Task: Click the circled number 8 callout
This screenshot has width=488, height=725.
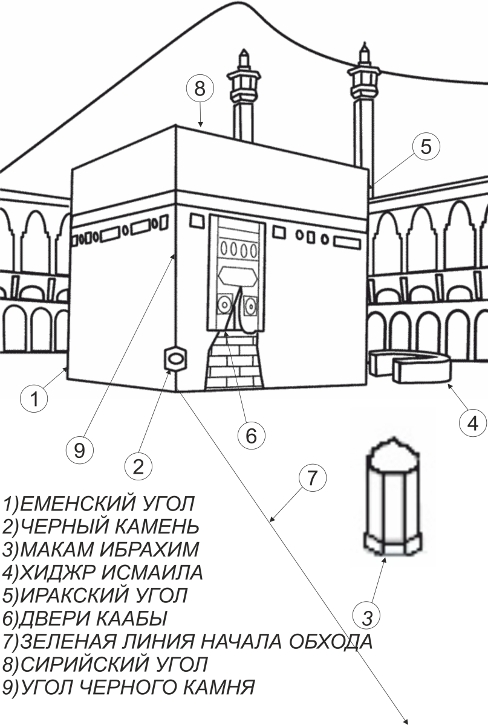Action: (x=200, y=88)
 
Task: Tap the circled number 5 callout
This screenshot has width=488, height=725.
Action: (x=426, y=146)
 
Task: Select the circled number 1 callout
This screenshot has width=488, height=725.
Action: (x=34, y=398)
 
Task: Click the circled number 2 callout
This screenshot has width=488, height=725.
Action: (x=138, y=466)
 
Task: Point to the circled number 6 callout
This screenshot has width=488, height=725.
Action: (x=252, y=436)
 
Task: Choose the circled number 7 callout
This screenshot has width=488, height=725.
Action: (x=313, y=478)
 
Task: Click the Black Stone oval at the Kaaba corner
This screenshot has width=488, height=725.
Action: (x=176, y=358)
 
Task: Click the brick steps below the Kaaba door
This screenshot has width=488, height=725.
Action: (x=234, y=360)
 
